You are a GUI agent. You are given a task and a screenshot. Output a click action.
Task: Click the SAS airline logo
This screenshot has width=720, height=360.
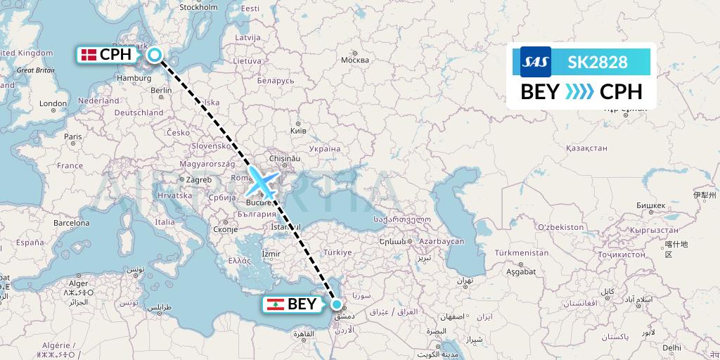535,62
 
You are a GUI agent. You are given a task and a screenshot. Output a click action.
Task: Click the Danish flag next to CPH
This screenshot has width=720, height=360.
89,54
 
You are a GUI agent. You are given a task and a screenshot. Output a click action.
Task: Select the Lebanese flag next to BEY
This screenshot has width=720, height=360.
276,304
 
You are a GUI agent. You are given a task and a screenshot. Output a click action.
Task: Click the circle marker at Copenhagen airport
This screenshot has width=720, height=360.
155,54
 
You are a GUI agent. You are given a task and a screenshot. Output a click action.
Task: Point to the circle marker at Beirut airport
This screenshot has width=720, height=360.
337,304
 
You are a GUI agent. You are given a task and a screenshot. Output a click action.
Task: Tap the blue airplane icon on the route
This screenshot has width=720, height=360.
261,181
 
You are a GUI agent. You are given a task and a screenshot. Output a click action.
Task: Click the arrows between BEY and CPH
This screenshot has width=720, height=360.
580,92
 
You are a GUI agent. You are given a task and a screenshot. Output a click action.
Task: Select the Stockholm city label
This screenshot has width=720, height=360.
198,8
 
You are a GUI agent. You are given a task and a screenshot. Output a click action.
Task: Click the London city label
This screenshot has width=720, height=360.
53,103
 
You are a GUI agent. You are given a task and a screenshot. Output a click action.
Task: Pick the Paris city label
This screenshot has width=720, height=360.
73,136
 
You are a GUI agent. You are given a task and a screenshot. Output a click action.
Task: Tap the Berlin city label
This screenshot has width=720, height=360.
161,90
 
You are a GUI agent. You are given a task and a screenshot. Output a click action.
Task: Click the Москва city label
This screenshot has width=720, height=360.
354,60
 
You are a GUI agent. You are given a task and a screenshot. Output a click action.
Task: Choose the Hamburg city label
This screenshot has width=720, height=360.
134,78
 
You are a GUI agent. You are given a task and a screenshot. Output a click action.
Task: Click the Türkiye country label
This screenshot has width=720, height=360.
337,252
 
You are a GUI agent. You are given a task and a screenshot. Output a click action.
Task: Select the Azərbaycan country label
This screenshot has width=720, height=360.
443,241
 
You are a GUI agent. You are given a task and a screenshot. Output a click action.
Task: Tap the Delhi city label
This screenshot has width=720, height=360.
671,347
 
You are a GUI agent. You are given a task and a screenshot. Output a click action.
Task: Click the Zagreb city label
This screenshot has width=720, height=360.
199,179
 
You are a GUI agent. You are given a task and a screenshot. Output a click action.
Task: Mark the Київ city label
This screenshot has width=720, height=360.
298,131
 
